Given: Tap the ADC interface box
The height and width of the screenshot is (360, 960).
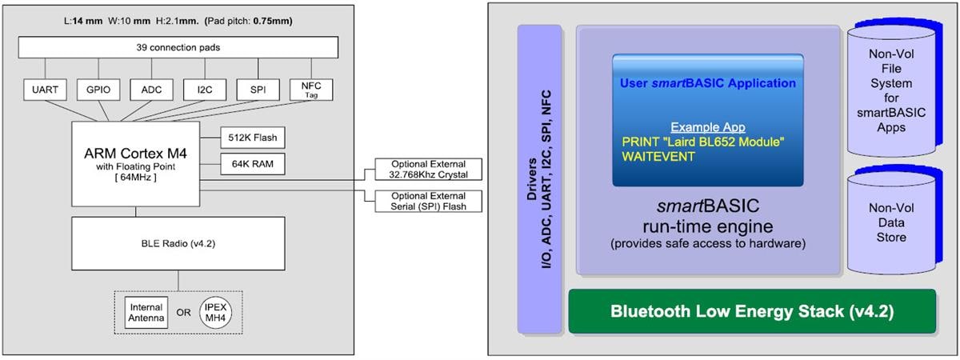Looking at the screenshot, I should pos(151,90).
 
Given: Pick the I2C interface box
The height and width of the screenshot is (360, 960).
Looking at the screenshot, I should pos(204,90).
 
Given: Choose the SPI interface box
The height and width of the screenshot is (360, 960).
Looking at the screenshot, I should pos(258,90).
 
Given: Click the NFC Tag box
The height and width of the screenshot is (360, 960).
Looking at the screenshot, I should pos(310,90).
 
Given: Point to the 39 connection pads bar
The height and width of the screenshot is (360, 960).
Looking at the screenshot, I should pos(178,47).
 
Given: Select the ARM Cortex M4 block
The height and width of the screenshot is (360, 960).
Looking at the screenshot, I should pos(135,163).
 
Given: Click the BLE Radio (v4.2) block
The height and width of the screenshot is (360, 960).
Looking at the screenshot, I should pos(178,242).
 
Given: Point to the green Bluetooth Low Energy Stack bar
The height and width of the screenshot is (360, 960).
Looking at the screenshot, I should pos(751,311).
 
